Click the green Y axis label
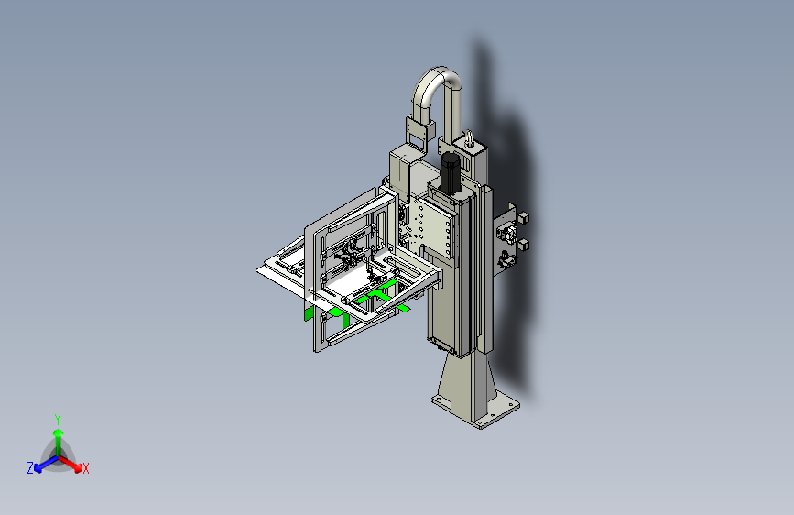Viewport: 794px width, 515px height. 58,420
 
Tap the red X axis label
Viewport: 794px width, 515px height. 85,469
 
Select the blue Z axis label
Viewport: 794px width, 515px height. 30,468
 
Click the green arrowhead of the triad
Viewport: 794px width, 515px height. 59,433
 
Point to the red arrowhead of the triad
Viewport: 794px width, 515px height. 78,467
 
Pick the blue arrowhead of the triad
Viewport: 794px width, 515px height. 38,468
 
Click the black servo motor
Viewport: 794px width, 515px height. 450,173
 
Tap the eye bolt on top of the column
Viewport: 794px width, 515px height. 470,138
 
